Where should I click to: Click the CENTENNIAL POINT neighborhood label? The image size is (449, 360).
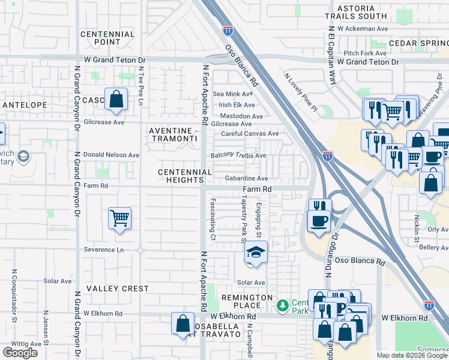coord(107,38)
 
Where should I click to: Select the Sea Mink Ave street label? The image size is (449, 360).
coord(233,94)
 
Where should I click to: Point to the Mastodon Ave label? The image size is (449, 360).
coord(241,116)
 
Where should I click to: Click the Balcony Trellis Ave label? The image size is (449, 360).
coord(238,155)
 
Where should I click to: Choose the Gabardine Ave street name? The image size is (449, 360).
coord(246,179)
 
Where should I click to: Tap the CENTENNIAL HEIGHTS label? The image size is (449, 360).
coord(185,176)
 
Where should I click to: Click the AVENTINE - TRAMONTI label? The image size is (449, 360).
coord(173,134)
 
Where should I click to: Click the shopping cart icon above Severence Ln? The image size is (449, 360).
coord(119,218)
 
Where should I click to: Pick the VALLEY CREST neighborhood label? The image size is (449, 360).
coord(117,289)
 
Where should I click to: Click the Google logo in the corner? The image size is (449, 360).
coord(20,353)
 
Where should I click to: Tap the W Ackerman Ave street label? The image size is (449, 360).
coord(363,28)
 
